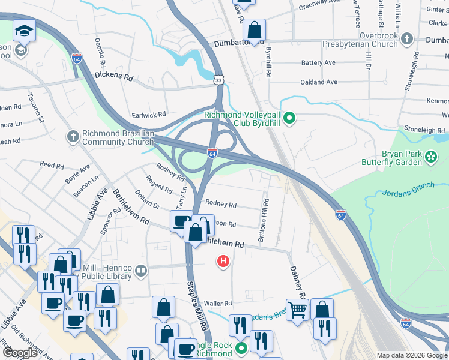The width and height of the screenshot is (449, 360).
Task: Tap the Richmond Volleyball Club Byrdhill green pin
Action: coord(289,118)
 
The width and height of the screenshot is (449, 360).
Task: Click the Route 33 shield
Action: coord(219,79)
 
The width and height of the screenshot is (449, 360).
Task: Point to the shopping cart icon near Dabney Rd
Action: coord(297,310)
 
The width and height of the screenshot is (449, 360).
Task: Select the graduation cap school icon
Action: coord(25,31)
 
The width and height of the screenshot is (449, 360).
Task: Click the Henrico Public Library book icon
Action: coord(141,271)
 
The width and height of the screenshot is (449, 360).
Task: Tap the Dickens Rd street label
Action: coord(113,77)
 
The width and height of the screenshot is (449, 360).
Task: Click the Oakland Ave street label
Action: coord(319,82)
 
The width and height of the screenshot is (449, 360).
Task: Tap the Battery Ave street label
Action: coord(318,63)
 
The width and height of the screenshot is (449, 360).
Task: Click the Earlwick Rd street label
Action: coord(148,115)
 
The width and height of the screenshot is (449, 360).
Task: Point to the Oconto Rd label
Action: coord(100,53)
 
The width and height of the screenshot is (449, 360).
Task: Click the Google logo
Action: coord(20,353)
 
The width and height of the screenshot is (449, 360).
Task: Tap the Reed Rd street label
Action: coord(52,165)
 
